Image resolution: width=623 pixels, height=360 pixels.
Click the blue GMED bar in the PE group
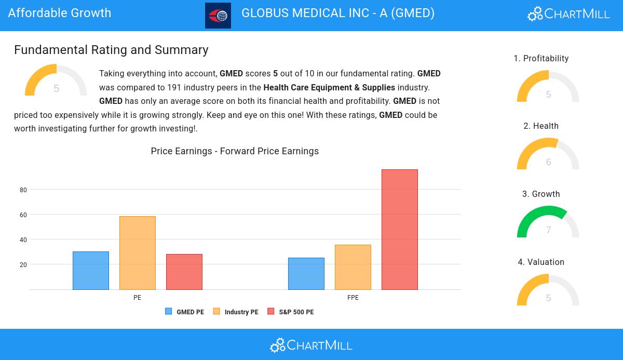(91, 271)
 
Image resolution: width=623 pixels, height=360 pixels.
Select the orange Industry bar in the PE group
(138, 253)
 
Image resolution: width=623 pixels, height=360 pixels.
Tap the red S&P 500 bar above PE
(184, 272)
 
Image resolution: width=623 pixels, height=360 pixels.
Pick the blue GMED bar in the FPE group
(306, 274)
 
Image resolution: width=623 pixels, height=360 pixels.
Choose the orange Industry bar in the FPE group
(353, 267)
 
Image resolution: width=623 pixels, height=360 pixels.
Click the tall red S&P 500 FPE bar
(400, 230)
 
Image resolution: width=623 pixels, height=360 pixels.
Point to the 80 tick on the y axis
(23, 190)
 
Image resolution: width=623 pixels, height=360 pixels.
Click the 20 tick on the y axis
(23, 265)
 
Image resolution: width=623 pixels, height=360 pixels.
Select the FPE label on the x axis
(353, 298)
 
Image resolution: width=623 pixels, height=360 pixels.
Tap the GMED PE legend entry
(185, 312)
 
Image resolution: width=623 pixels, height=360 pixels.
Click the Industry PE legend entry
(236, 312)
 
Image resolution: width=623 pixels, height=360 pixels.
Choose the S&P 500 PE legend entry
(291, 312)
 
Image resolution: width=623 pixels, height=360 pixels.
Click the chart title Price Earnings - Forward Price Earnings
(235, 151)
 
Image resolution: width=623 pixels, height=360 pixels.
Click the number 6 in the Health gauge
(549, 162)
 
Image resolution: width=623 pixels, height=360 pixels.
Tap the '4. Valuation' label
(541, 262)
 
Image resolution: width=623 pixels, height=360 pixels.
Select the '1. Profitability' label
(541, 59)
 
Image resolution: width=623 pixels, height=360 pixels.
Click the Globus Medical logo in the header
(218, 16)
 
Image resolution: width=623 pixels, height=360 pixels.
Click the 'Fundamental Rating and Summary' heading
(111, 50)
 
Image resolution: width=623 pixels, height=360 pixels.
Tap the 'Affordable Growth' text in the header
(60, 13)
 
